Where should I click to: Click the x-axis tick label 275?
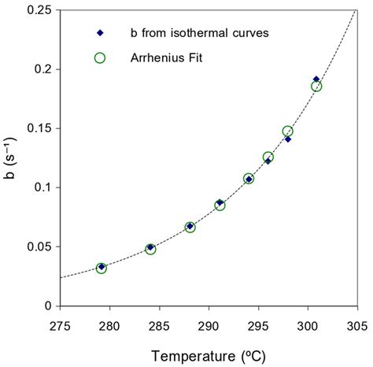pos(60,323)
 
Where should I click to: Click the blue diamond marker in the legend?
pos(100,33)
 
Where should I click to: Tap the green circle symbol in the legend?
pos(100,57)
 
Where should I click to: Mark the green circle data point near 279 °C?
pos(101,269)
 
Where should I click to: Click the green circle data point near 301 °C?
pos(316,86)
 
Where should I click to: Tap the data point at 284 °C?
pos(150,249)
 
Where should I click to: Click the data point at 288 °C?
pos(190,227)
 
